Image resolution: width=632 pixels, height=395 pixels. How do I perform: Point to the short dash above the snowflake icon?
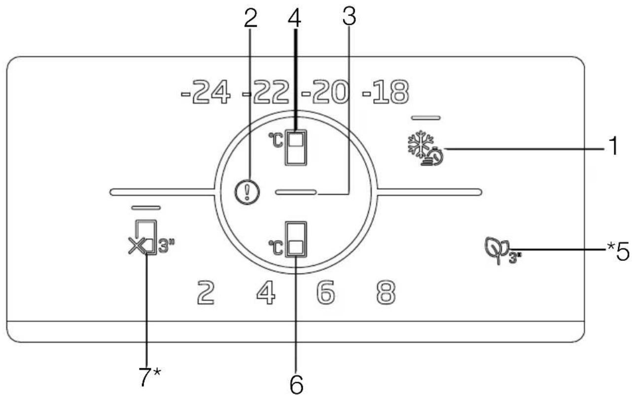point(425,118)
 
